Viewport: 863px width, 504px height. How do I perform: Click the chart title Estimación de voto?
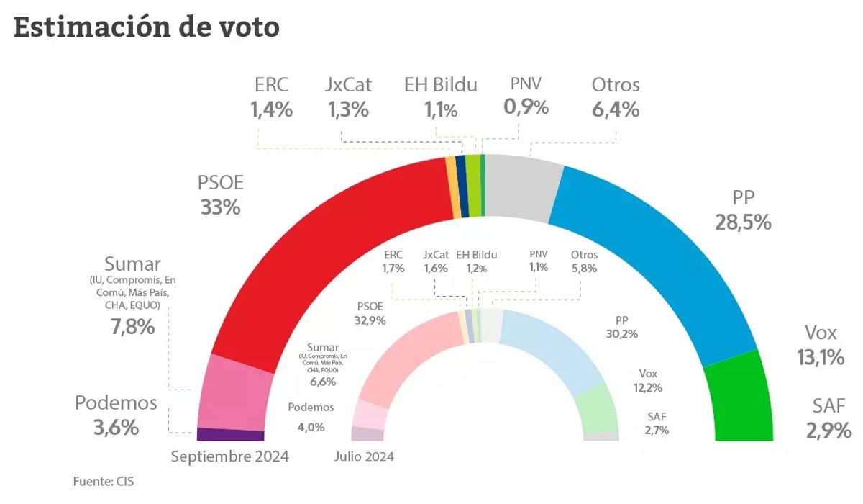[x=146, y=28]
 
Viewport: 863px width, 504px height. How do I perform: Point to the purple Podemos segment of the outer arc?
[x=230, y=435]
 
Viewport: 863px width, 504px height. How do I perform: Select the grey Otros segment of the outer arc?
[x=521, y=187]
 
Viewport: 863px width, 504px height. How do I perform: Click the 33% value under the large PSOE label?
[x=221, y=207]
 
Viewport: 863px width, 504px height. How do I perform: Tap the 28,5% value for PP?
[x=743, y=222]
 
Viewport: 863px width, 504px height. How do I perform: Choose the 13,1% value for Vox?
[x=821, y=357]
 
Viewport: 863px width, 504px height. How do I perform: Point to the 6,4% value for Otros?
[x=616, y=109]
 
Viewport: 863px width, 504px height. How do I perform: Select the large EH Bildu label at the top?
[x=441, y=85]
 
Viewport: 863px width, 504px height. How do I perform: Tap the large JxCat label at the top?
[x=349, y=85]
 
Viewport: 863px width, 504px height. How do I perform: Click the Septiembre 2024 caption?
[x=229, y=456]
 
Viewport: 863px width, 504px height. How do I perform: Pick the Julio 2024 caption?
[x=365, y=456]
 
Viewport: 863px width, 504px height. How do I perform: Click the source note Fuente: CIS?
[x=104, y=481]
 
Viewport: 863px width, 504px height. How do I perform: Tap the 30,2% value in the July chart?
[x=622, y=333]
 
